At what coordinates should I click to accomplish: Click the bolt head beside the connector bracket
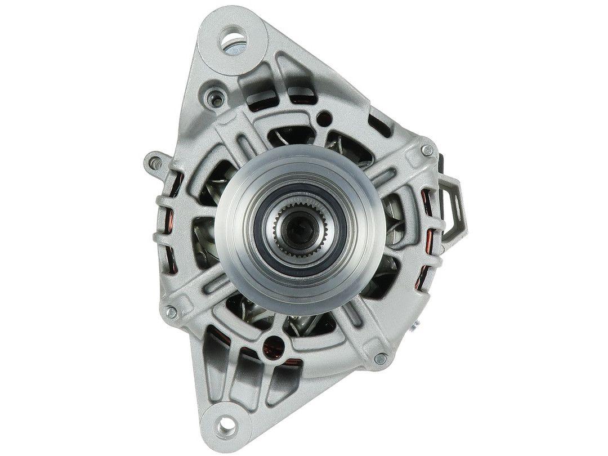pyautogui.click(x=427, y=150)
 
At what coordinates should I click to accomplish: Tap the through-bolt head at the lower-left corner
pyautogui.click(x=171, y=310)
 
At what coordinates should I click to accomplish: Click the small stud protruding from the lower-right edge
pyautogui.click(x=420, y=325)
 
